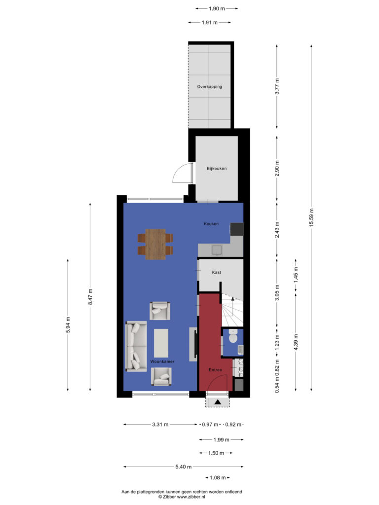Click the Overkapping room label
click(x=209, y=87)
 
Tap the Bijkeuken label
click(x=217, y=169)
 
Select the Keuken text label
click(x=211, y=223)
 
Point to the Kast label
click(x=216, y=272)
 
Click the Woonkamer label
click(x=162, y=361)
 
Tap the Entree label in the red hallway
click(x=215, y=370)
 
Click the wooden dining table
click(x=155, y=244)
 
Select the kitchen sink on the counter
click(x=217, y=250)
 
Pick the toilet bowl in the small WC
click(x=232, y=336)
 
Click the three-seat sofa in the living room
click(x=136, y=346)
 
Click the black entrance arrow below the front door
click(x=218, y=402)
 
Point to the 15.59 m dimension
click(x=311, y=217)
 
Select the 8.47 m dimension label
click(x=91, y=297)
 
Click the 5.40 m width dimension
click(x=184, y=467)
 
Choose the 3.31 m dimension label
click(x=160, y=425)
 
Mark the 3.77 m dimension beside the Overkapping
click(x=277, y=86)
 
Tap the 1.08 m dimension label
click(x=218, y=477)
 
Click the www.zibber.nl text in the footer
click(x=191, y=497)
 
